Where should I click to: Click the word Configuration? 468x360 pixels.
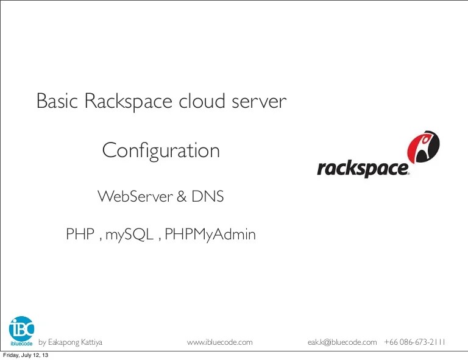pyautogui.click(x=161, y=150)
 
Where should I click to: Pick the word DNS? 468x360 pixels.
pyautogui.click(x=208, y=197)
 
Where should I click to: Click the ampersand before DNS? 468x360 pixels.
pyautogui.click(x=182, y=197)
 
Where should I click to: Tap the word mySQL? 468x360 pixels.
pyautogui.click(x=129, y=235)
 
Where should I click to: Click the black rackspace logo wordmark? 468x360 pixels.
pyautogui.click(x=363, y=168)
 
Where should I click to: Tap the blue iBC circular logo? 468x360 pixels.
pyautogui.click(x=22, y=328)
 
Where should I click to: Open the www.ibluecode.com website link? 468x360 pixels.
pyautogui.click(x=219, y=342)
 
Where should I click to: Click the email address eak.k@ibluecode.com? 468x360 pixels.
pyautogui.click(x=342, y=342)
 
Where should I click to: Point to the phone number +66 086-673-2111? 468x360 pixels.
pyautogui.click(x=415, y=342)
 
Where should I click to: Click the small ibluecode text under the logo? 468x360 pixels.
pyautogui.click(x=21, y=343)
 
